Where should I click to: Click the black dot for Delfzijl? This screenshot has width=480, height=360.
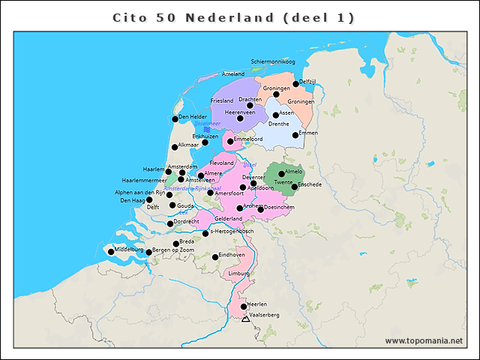tap(295, 84)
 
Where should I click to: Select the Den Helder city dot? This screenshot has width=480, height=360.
tap(175, 118)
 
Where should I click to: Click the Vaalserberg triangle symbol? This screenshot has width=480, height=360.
tap(245, 319)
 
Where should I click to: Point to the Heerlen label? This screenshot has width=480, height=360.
tap(256, 304)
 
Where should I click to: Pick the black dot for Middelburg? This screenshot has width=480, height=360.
tap(111, 251)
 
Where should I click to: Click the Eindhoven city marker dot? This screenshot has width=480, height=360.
tap(215, 256)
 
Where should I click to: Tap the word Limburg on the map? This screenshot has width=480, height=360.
tap(238, 274)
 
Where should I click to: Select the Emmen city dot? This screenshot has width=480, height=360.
tap(295, 136)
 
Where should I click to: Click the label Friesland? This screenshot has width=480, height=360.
tap(222, 100)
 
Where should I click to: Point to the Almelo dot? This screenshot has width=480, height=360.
tap(281, 173)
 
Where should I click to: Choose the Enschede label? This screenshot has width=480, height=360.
tap(310, 184)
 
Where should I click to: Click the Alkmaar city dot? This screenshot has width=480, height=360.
tap(175, 147)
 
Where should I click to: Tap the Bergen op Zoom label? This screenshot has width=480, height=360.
tap(172, 250)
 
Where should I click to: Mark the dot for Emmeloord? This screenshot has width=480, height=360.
tap(229, 141)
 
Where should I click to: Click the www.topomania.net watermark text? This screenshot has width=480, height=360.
tap(424, 340)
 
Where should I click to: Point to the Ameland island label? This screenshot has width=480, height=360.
tap(233, 74)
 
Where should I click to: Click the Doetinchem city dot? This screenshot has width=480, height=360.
tap(260, 209)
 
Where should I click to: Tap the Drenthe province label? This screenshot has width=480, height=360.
tap(278, 124)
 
